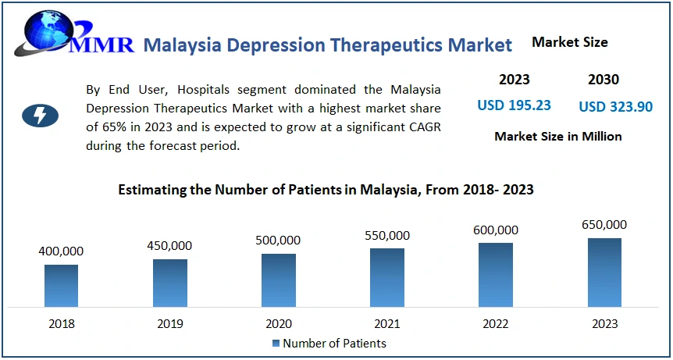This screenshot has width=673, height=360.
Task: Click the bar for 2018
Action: tap(61, 286)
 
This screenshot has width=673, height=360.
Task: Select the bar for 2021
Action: tap(387, 277)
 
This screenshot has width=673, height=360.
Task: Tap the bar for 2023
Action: tap(604, 273)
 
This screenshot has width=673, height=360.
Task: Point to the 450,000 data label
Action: tap(169, 246)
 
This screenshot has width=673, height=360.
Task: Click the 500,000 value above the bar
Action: tap(278, 241)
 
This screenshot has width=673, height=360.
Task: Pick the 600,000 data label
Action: tap(495, 230)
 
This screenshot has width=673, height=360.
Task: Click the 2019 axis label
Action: tap(169, 323)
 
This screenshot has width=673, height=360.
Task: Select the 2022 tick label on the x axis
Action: tap(495, 323)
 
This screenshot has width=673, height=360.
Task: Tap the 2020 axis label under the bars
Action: tap(278, 323)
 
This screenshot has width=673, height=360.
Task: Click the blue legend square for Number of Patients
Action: tap(276, 344)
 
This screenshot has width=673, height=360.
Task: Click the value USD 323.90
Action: tap(615, 106)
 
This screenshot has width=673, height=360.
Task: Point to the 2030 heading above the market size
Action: tap(603, 79)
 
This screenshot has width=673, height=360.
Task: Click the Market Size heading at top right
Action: tap(569, 42)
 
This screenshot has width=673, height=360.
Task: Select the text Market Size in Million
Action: tap(557, 136)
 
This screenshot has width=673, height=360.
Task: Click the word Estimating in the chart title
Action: tap(151, 190)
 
